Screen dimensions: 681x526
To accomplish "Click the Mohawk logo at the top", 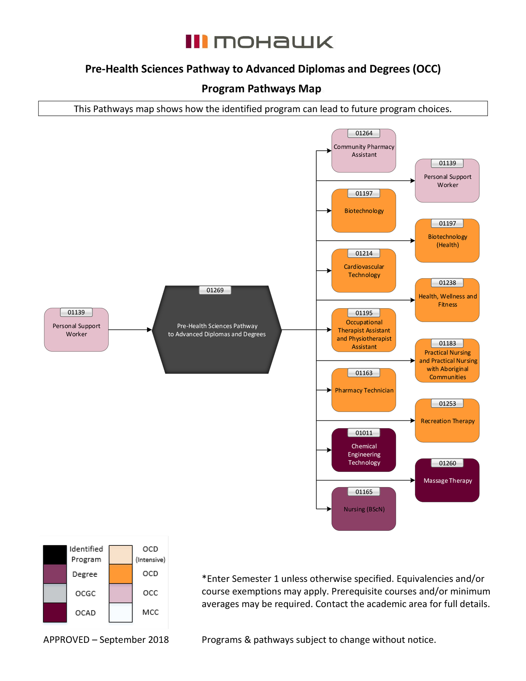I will (260, 42).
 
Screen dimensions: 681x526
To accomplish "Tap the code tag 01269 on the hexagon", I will (215, 290).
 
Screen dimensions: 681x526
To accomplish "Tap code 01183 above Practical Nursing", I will (447, 343).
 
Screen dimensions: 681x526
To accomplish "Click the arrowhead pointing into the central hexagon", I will (149, 330).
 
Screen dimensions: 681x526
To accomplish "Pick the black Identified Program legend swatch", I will (55, 554).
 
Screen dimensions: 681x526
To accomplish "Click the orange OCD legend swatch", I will (120, 574).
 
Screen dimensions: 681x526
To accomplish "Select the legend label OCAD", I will (85, 613).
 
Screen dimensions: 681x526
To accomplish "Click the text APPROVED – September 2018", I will (106, 639).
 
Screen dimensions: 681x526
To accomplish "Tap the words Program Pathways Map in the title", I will (261, 89).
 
